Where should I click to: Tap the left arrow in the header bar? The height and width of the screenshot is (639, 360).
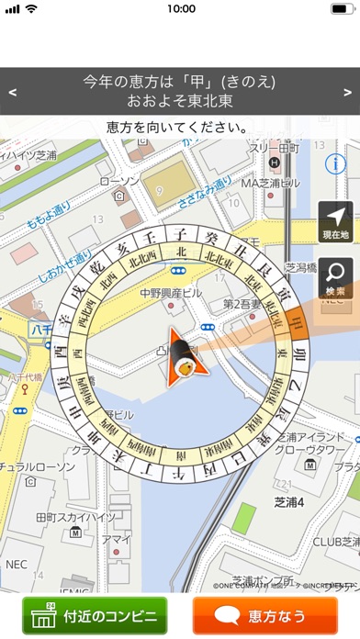pyautogui.click(x=12, y=92)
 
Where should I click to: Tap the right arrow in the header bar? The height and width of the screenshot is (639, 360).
pyautogui.click(x=347, y=92)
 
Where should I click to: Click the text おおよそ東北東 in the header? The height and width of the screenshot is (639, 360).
pyautogui.click(x=180, y=101)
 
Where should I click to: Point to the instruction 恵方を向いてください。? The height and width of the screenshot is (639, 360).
pyautogui.click(x=180, y=127)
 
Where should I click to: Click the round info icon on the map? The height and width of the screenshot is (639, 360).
pyautogui.click(x=337, y=163)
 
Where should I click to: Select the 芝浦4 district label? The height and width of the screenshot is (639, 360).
pyautogui.click(x=276, y=502)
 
